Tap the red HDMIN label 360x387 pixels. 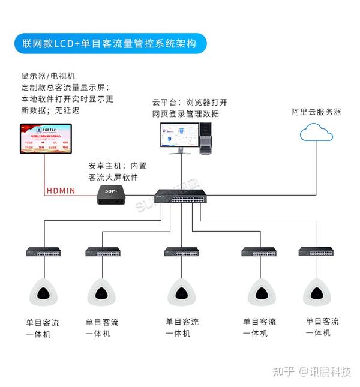pos(61,191)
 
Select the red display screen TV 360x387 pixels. pos(45,139)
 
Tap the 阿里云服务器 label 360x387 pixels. pos(316,112)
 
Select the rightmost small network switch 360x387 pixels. pos(317,252)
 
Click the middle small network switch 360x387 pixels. pos(182,252)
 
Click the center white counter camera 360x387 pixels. pos(181,293)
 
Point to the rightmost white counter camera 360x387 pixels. pos(317,293)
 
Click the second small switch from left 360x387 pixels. pos(103,252)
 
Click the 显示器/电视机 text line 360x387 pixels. pos(50,76)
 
